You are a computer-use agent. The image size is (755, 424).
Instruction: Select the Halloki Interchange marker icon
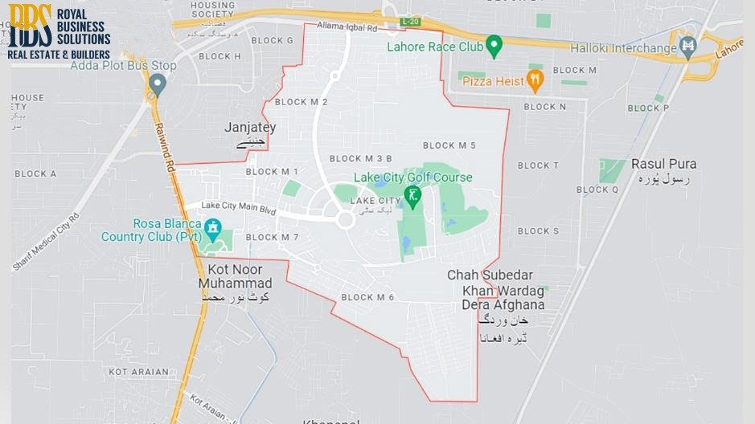click(x=687, y=47)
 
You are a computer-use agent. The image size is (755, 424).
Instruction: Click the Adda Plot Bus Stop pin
click(x=157, y=84)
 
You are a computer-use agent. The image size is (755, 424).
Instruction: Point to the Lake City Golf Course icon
click(x=413, y=196)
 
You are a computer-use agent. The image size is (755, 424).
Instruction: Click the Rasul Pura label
click(x=663, y=164)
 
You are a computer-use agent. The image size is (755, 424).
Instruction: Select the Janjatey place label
click(x=250, y=128)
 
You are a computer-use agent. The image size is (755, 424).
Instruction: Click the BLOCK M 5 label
click(x=449, y=145)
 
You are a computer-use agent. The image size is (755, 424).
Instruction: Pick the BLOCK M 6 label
click(x=367, y=297)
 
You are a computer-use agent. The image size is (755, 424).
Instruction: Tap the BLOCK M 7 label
click(x=272, y=237)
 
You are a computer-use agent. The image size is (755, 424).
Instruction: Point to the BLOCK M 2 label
click(x=301, y=102)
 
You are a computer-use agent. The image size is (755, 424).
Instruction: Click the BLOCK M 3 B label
click(x=360, y=158)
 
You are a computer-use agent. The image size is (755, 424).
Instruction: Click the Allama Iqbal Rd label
click(x=347, y=26)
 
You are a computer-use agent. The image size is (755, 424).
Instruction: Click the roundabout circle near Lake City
click(x=346, y=219)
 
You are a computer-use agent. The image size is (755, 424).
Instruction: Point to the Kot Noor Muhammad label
click(x=240, y=277)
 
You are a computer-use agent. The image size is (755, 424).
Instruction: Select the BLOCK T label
click(x=538, y=165)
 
